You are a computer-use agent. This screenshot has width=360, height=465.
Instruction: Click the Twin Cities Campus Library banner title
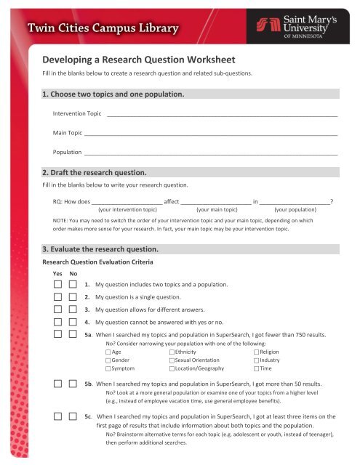(x=103, y=30)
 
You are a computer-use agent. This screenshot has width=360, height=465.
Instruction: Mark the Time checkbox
(x=257, y=368)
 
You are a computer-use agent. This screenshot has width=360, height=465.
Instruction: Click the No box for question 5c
(x=73, y=417)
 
